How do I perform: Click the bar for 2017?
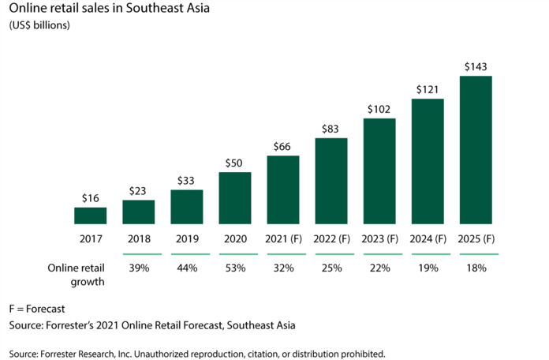click(91, 216)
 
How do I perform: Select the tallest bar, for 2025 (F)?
click(476, 150)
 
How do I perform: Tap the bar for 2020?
click(235, 198)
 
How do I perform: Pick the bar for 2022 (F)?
click(331, 181)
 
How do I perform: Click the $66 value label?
click(283, 146)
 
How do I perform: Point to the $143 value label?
click(476, 66)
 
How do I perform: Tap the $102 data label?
click(379, 109)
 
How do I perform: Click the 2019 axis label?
click(187, 239)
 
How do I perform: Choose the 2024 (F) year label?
click(428, 239)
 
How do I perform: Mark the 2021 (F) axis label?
click(283, 239)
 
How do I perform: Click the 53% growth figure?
click(235, 268)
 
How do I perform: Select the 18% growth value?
click(476, 268)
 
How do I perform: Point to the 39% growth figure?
click(139, 268)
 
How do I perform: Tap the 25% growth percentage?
click(331, 268)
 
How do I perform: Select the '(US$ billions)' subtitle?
click(39, 26)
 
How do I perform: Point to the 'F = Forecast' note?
click(36, 307)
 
